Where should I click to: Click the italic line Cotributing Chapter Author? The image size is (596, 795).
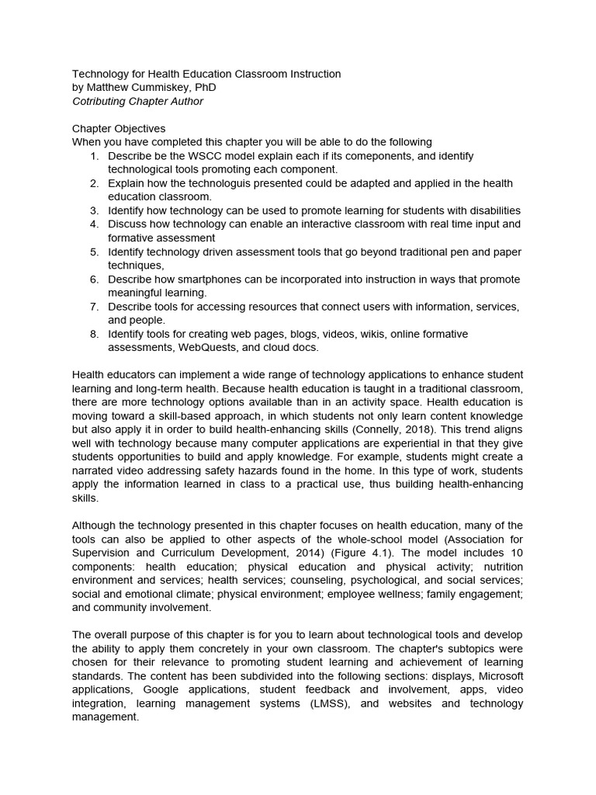pos(139,102)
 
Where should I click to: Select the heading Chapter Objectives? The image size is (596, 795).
pos(119,129)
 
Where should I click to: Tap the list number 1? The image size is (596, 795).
pos(93,156)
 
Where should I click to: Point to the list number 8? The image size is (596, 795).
pos(93,334)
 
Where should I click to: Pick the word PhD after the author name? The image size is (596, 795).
pos(204,88)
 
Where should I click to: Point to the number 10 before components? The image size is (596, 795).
pos(517,552)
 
